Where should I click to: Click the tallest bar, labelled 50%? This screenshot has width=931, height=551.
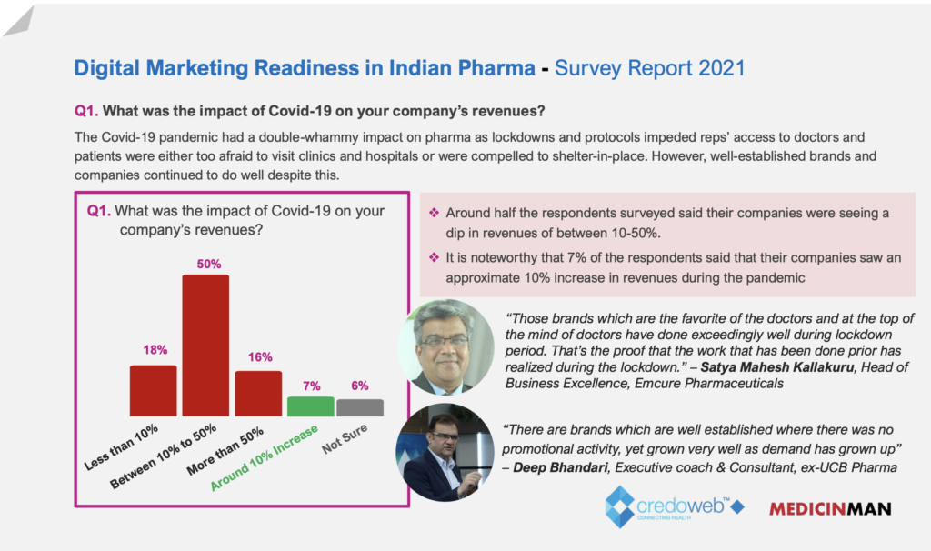coord(205,345)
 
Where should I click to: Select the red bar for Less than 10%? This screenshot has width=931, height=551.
coord(153,390)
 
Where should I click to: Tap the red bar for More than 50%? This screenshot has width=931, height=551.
coord(258,393)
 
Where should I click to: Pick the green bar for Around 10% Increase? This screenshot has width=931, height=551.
coord(310,406)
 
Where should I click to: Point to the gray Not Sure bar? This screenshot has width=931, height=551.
coord(360,407)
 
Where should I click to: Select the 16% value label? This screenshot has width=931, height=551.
coord(260,356)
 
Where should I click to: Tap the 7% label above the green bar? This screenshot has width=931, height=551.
coord(311,386)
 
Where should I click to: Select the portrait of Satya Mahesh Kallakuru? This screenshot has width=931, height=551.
coord(445,346)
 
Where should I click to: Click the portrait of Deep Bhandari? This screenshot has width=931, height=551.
coord(445,452)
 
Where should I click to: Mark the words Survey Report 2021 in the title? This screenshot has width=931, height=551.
coord(649,67)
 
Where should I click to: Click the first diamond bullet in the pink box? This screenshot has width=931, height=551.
coord(435,213)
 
